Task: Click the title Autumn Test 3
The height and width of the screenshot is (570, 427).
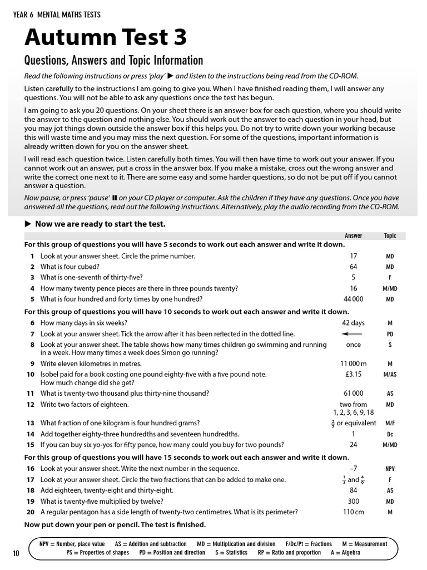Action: tap(106, 37)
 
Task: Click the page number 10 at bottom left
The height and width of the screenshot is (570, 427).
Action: tap(16, 553)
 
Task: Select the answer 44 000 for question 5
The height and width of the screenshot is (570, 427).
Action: tap(353, 299)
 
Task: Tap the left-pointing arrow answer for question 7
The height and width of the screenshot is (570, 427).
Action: tap(352, 334)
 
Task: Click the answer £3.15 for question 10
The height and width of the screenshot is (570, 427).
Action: tap(353, 375)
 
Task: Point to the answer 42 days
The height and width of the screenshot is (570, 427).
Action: tap(353, 323)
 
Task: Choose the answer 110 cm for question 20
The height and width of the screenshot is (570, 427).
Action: tap(353, 512)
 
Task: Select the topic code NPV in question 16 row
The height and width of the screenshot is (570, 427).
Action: tap(390, 469)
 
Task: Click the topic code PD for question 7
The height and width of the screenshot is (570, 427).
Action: tap(390, 334)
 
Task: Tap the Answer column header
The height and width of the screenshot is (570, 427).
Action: tap(353, 235)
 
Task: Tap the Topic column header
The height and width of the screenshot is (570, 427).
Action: tap(390, 235)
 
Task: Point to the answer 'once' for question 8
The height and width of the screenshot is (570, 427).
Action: tap(353, 345)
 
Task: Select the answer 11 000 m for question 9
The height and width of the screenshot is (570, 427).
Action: tap(353, 363)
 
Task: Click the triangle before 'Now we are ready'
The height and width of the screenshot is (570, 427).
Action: tap(28, 224)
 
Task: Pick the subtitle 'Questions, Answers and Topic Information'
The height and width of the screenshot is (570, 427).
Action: tap(113, 60)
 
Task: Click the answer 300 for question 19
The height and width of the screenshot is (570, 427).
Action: tap(353, 501)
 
